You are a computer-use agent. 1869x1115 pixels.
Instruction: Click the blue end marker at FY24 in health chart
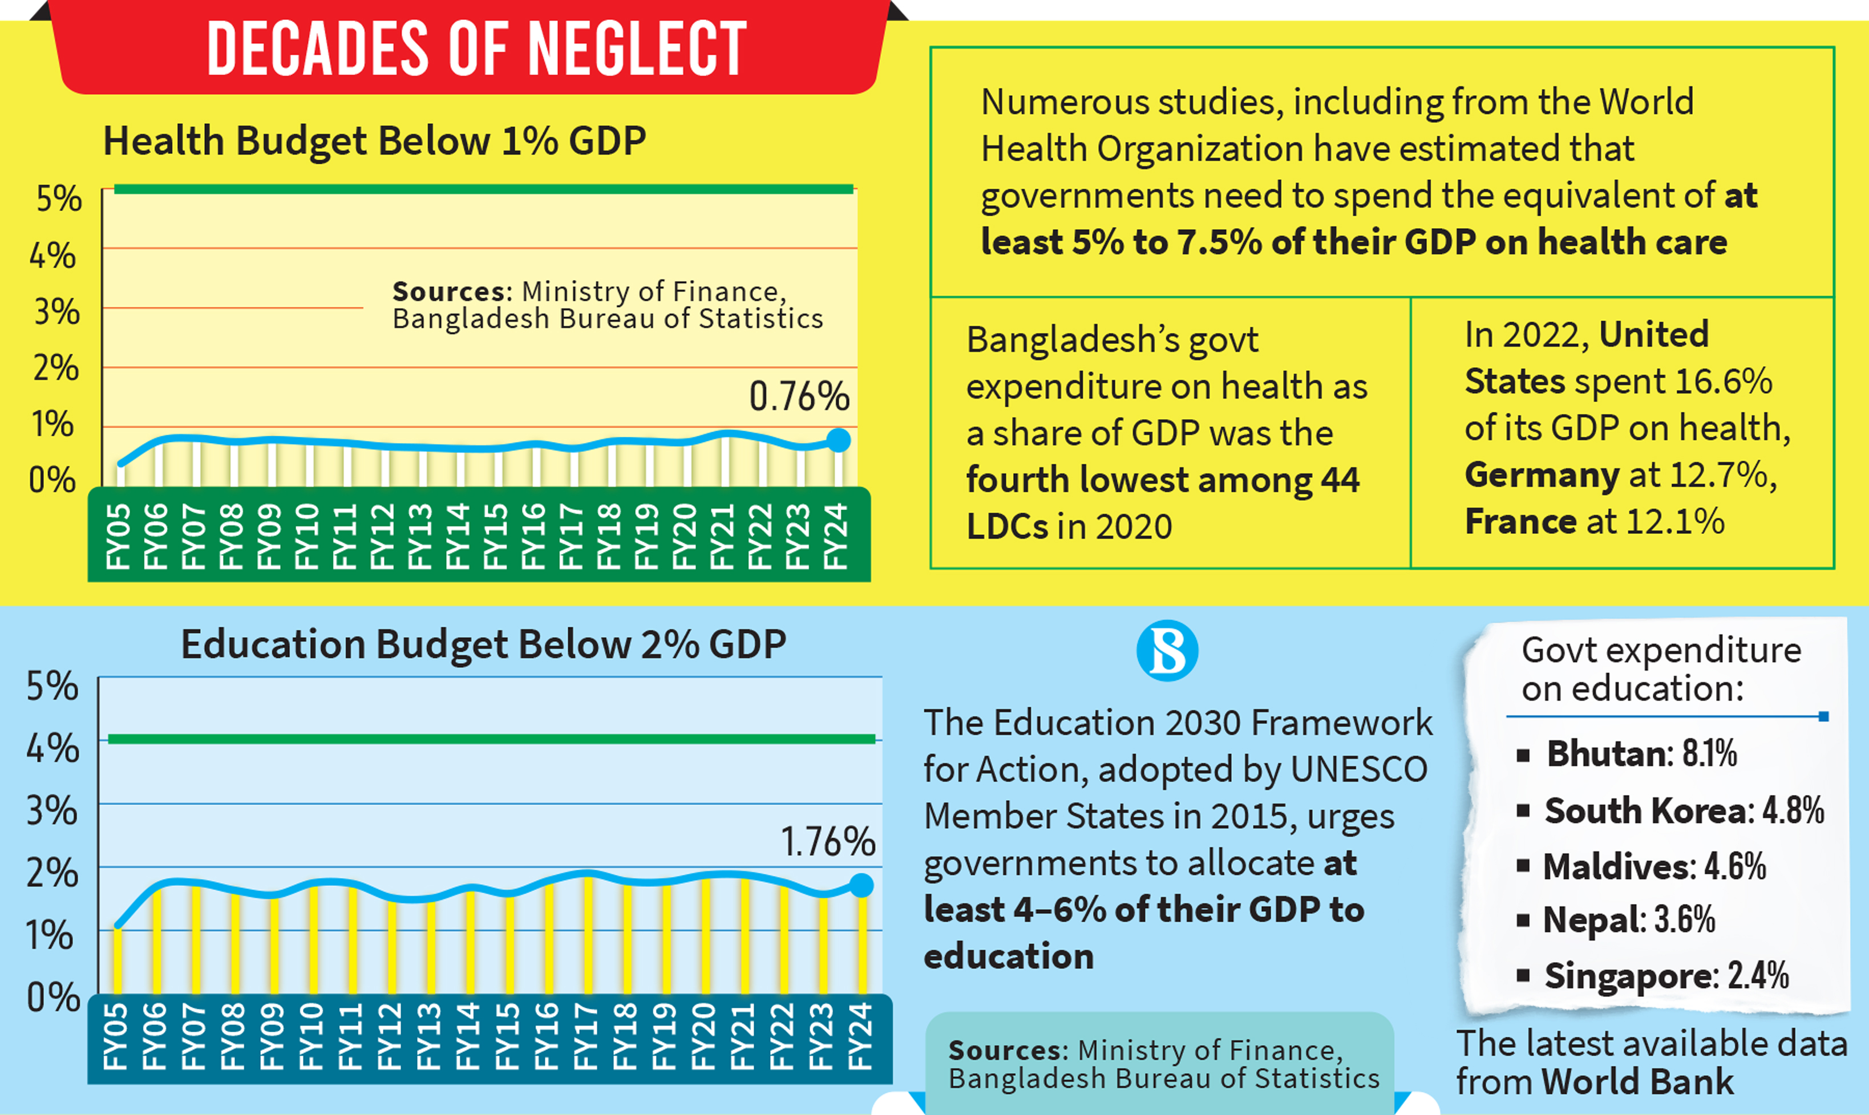pos(839,440)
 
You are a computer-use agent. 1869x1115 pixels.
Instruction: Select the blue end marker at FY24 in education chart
pos(861,885)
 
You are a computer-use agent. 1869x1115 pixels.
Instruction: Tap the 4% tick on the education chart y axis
pos(52,748)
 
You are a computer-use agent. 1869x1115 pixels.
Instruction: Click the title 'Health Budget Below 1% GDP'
pos(374,141)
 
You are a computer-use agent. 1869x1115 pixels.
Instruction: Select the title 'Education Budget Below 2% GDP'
pos(483,644)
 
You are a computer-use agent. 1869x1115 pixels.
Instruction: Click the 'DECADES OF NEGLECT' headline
pos(476,49)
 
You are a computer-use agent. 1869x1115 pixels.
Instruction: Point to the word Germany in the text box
pos(1542,475)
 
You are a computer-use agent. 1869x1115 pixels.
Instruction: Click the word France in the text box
pos(1521,521)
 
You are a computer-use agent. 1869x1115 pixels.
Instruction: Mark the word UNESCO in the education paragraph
pos(1359,769)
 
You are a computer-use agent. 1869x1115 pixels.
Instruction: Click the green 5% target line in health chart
pos(483,189)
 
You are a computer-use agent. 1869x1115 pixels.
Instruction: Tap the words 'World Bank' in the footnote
pos(1637,1082)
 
